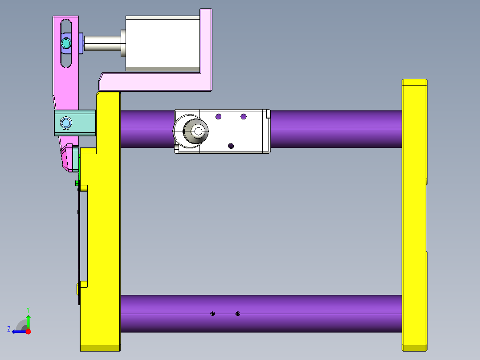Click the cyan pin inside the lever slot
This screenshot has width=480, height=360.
pos(66,43)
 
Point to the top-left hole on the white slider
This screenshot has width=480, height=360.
pos(218,117)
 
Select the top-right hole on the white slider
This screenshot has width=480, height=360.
pos(244,117)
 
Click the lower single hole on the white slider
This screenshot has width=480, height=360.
pos(231,146)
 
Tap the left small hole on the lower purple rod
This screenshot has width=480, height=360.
pos(213,314)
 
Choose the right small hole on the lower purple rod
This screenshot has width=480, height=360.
pos(238,314)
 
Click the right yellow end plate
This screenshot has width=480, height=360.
pos(414,214)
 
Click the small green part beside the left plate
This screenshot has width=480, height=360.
pos(77,183)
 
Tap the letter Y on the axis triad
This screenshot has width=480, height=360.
pos(28,309)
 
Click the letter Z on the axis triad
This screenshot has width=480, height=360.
pos(9,329)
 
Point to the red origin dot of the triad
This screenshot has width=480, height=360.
pos(28,331)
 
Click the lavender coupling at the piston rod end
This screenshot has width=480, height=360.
pos(81,43)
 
